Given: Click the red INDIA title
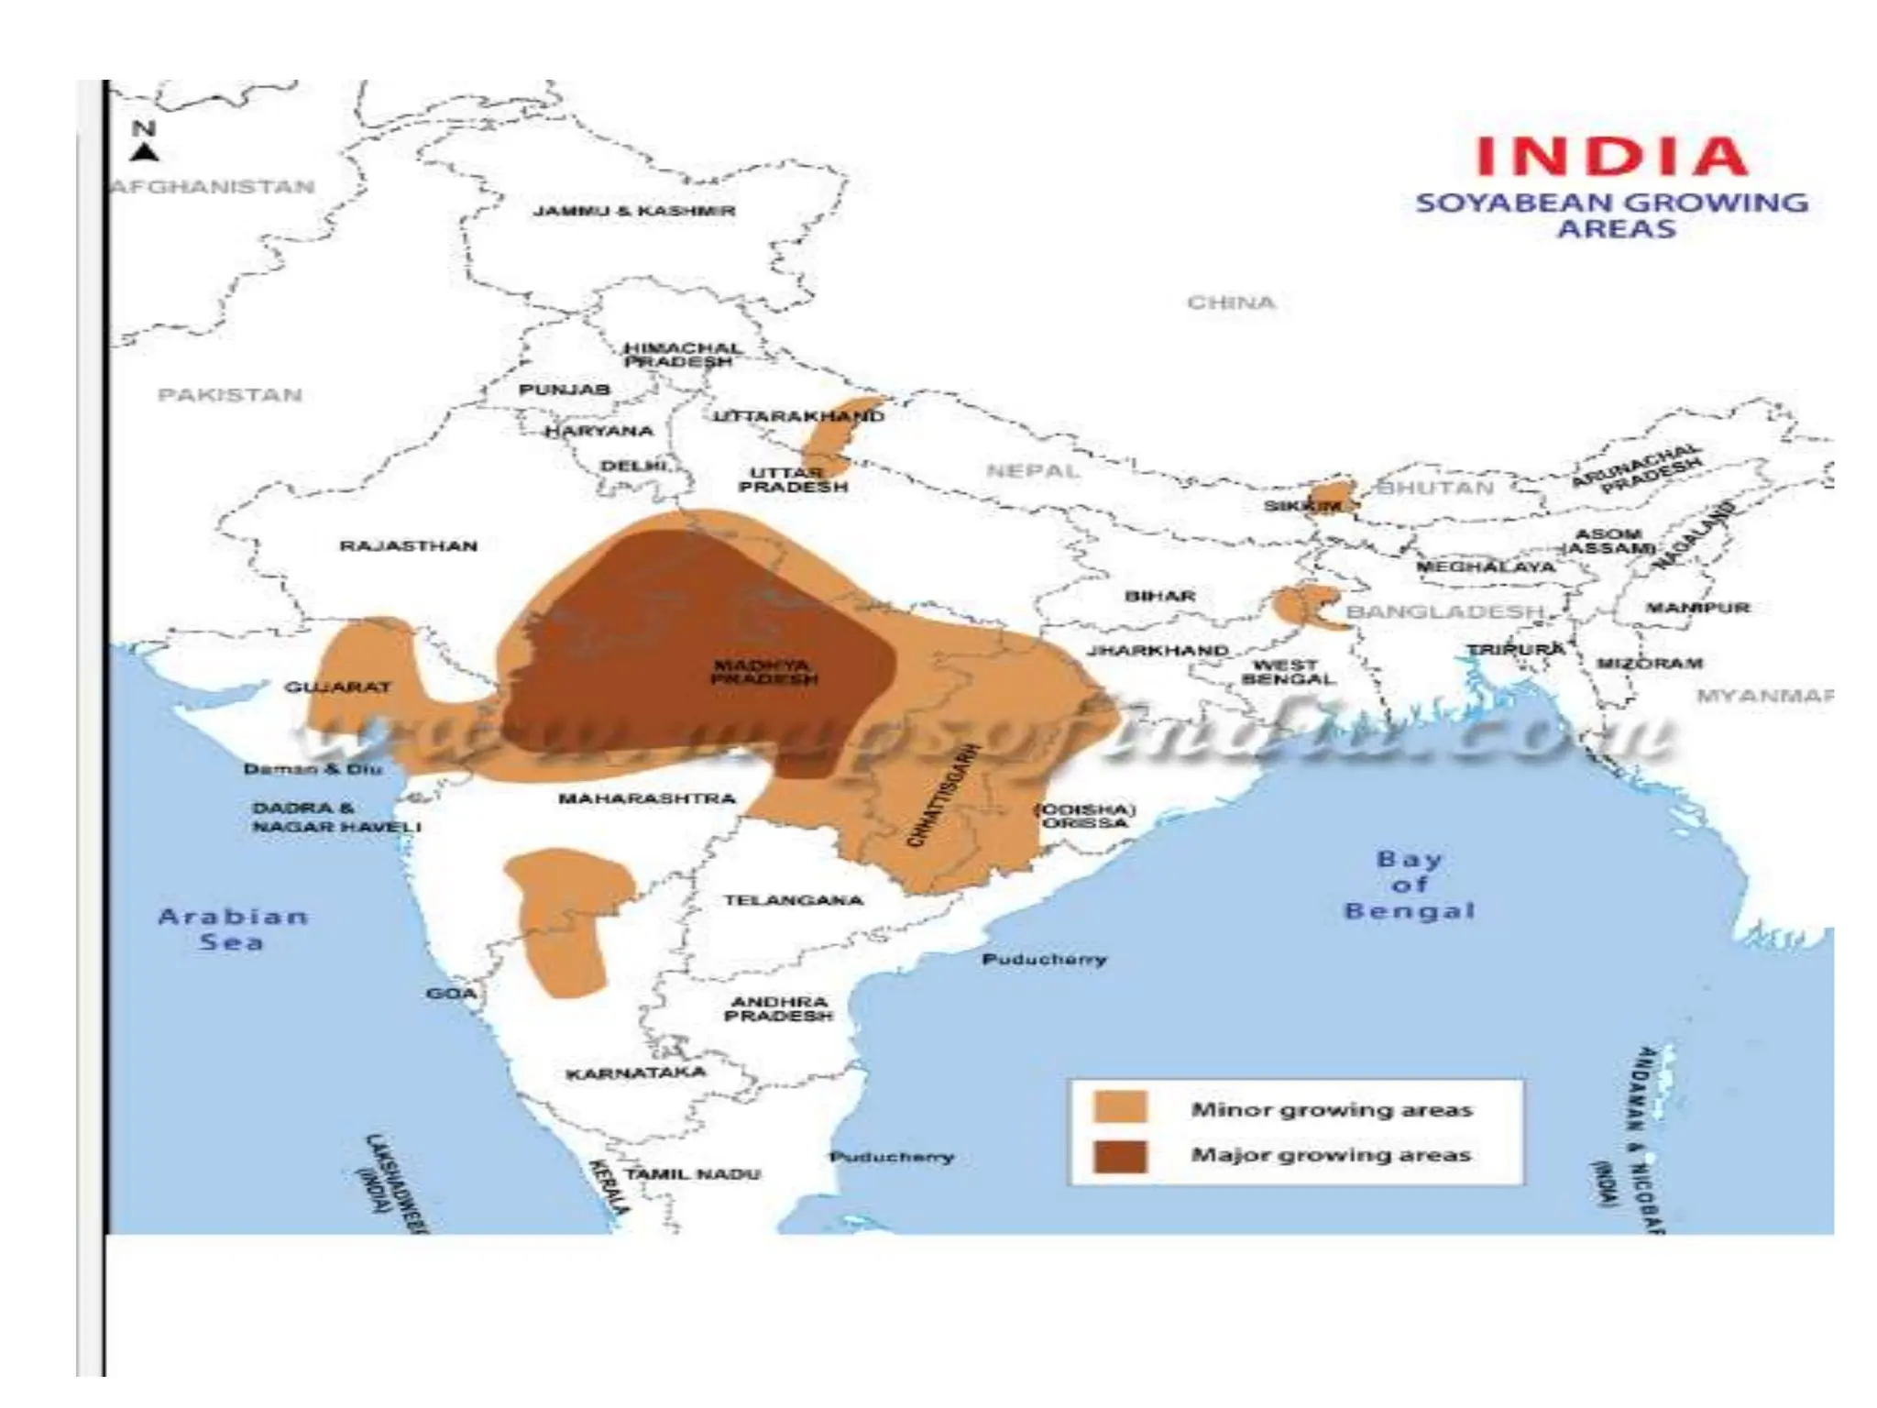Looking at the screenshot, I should (1610, 158).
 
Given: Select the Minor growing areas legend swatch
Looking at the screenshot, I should (1119, 1107).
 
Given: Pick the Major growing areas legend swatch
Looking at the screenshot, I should (1119, 1155).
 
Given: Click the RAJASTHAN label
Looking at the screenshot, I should (408, 546).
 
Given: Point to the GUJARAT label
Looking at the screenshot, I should (337, 687).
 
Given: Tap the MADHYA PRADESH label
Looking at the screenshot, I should (763, 672).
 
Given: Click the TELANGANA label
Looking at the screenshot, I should (793, 900).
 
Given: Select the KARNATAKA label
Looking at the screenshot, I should (635, 1073).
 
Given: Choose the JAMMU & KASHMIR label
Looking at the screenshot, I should (633, 211).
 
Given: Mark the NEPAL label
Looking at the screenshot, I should (1033, 471).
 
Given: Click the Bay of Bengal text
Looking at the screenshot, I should (1410, 885).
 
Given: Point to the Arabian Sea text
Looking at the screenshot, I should (233, 929).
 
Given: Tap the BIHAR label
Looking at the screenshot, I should (1159, 596).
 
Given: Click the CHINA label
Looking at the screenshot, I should (1230, 302).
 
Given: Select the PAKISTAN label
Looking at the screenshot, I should (230, 395).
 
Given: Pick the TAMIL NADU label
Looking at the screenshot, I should (692, 1173).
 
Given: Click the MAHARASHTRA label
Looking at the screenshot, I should (646, 798).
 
